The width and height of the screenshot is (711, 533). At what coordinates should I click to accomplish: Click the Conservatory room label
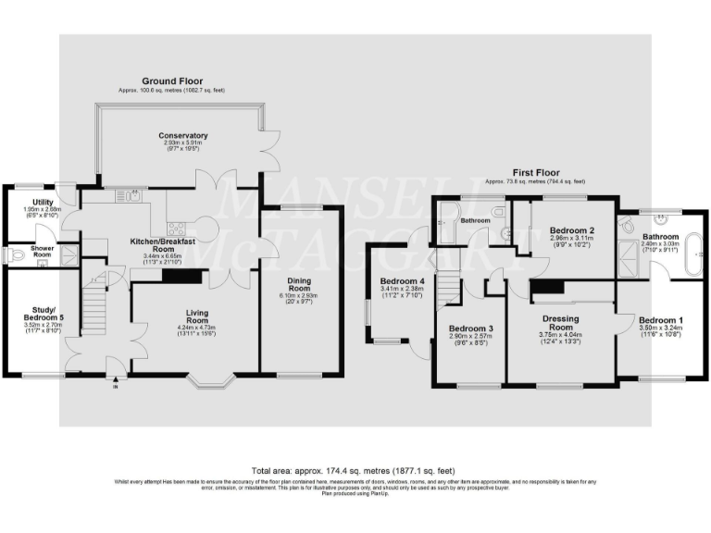point(181,136)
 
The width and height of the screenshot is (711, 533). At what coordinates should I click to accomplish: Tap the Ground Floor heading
point(172,81)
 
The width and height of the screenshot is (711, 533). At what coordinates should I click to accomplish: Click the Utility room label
point(41,202)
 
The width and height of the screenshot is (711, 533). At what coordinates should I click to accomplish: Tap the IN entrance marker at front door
point(116,387)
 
